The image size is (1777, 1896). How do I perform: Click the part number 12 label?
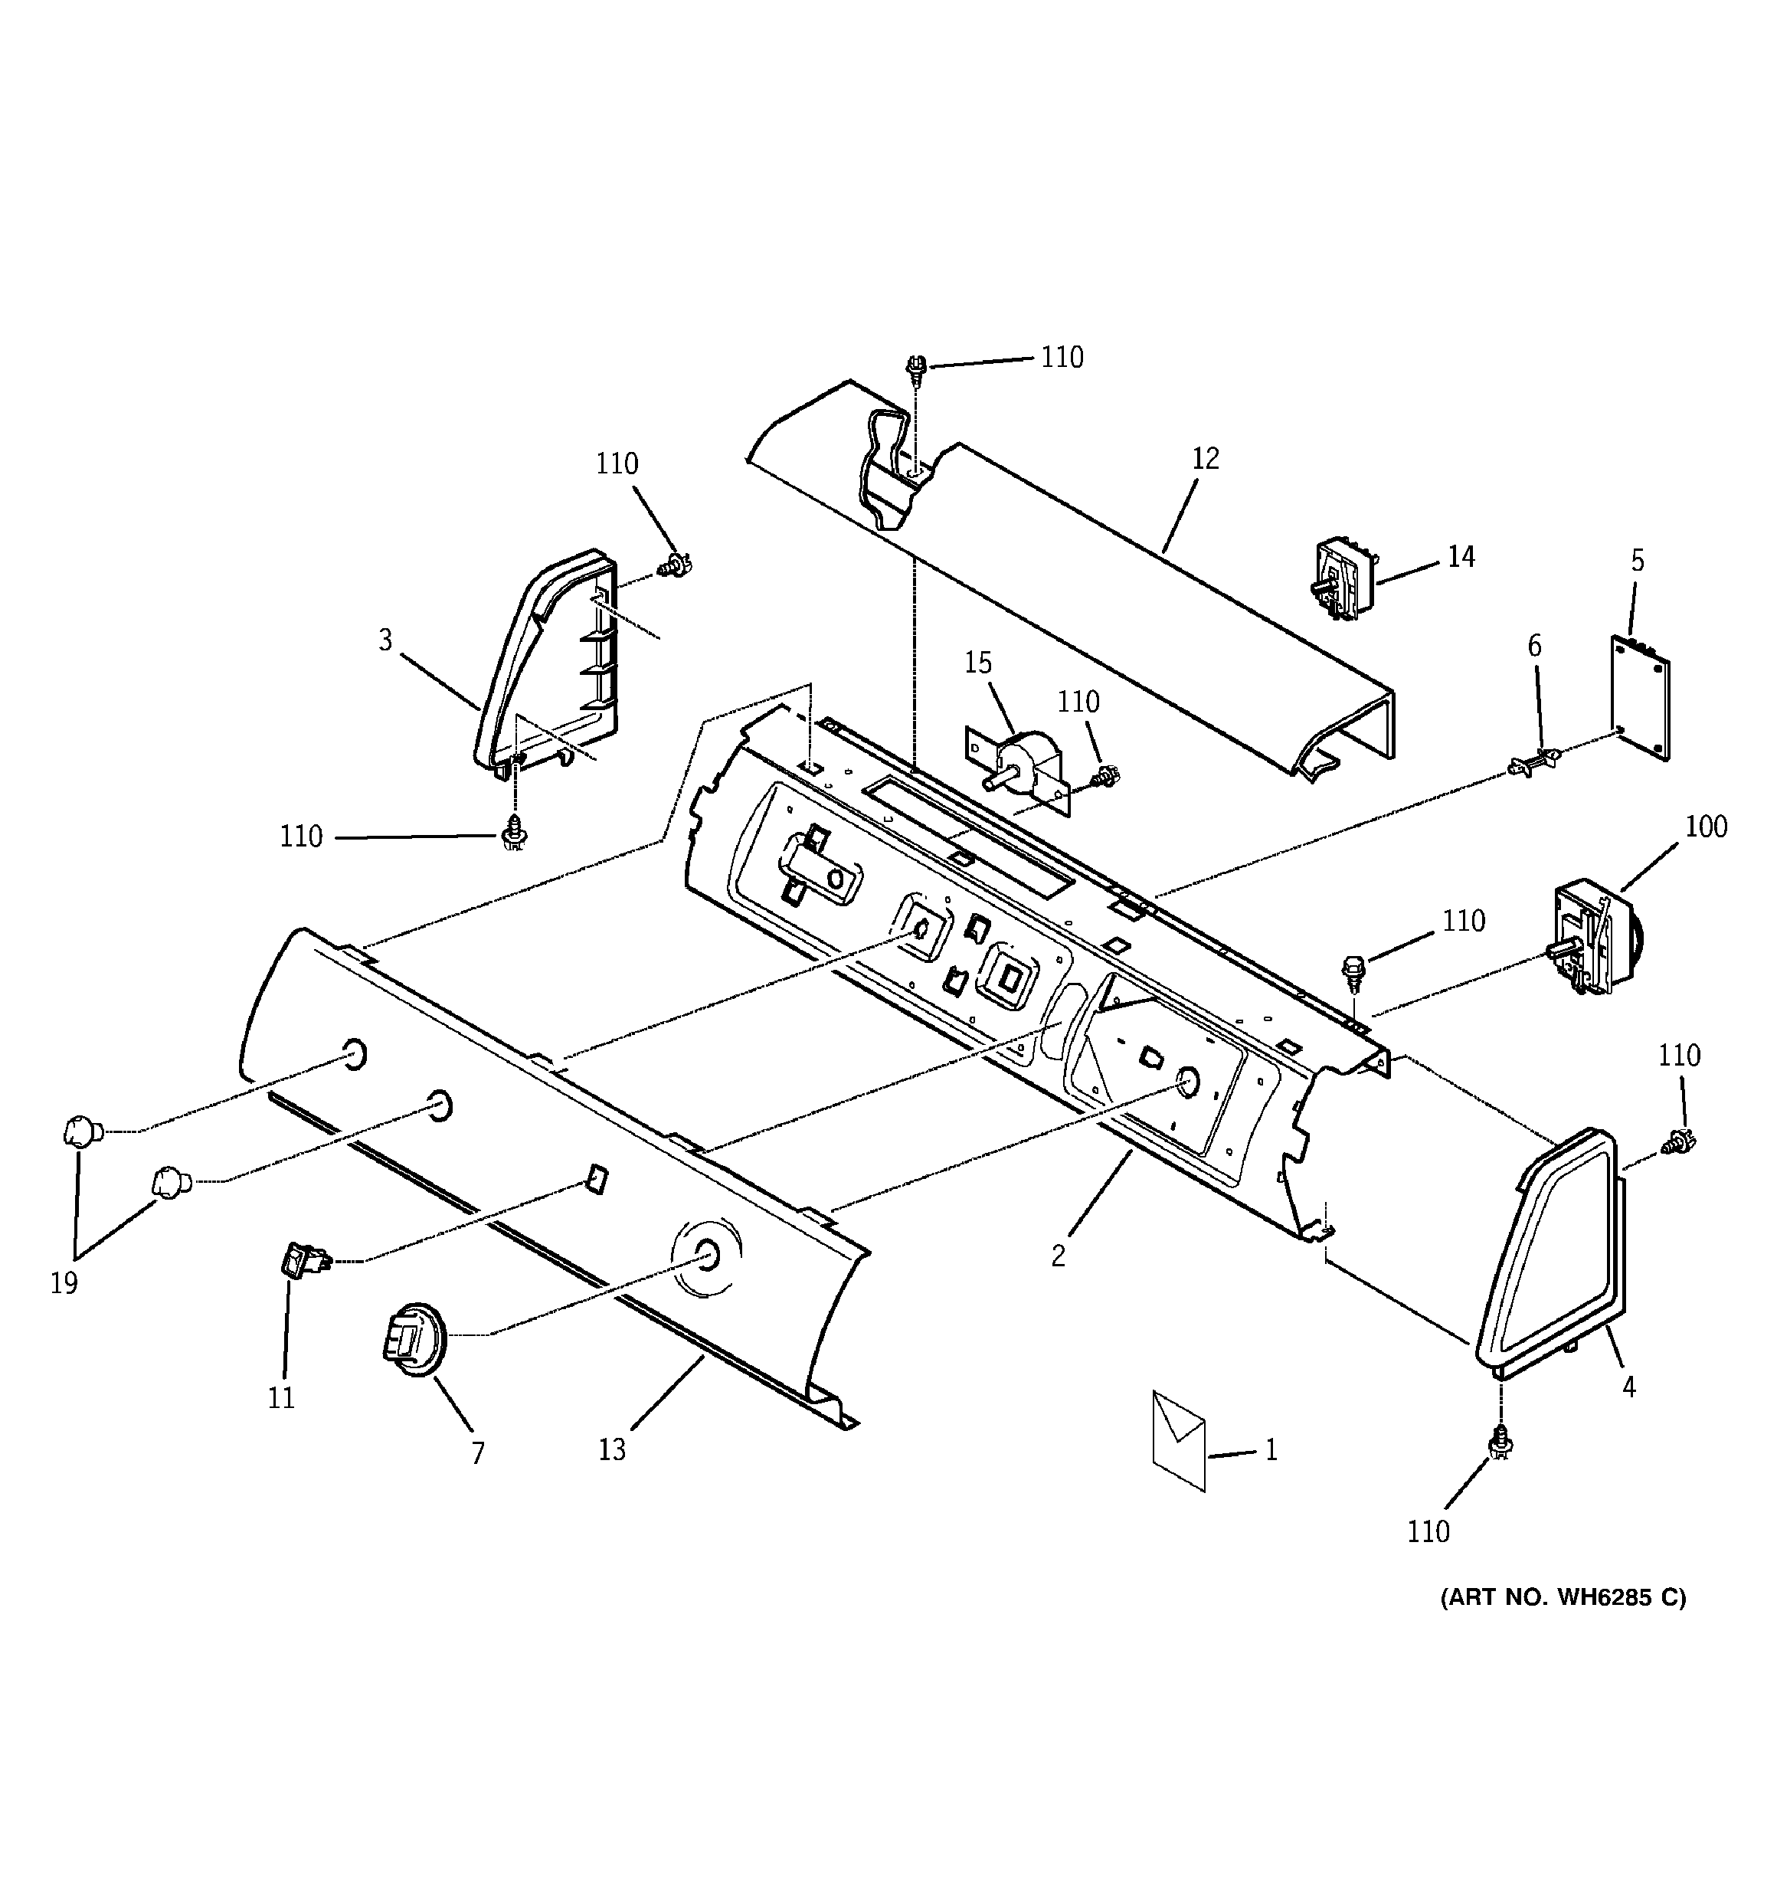pyautogui.click(x=1206, y=459)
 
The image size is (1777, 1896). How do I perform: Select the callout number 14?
pyautogui.click(x=1461, y=556)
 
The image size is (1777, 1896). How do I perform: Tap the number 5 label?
pyautogui.click(x=1637, y=561)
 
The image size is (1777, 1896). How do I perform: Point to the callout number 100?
pyautogui.click(x=1706, y=826)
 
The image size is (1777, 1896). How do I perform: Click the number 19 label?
pyautogui.click(x=63, y=1284)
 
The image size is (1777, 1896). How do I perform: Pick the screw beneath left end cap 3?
pyautogui.click(x=515, y=833)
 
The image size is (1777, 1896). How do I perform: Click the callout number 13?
pyautogui.click(x=611, y=1449)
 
